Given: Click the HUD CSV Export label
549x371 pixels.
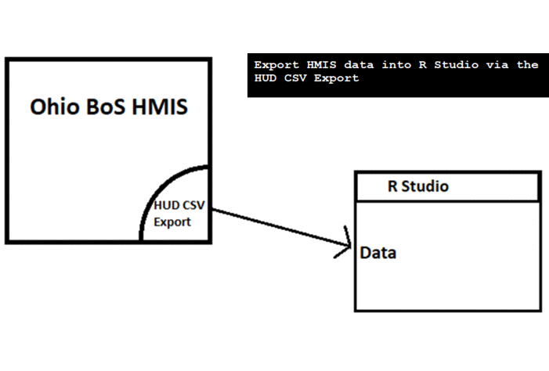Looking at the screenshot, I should (x=177, y=214).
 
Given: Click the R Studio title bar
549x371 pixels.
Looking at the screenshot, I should (x=447, y=187).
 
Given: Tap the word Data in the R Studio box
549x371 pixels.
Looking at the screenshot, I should (x=378, y=254).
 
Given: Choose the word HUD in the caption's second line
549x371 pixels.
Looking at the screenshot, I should (x=265, y=78).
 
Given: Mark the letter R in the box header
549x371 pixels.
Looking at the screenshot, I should (x=393, y=187).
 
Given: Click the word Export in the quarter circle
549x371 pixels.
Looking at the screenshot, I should (x=172, y=222).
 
